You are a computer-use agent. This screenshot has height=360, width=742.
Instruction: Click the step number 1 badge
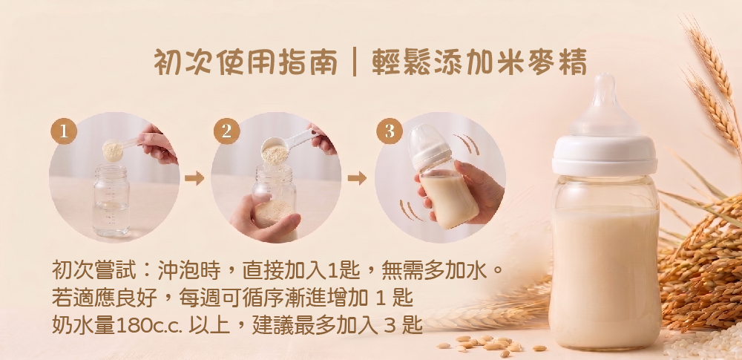64,131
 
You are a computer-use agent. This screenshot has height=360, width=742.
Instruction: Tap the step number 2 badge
226,131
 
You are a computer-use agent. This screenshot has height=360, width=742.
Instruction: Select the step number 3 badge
390,131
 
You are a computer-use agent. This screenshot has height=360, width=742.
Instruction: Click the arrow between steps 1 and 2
194,178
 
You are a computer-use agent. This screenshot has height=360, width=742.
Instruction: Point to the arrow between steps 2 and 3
357,178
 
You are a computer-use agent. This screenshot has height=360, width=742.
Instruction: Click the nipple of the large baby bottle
604,105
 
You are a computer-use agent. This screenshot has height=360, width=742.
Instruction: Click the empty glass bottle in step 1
111,200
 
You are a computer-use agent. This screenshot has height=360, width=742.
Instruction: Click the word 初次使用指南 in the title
245,62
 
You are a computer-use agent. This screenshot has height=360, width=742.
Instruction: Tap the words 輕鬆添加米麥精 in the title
479,62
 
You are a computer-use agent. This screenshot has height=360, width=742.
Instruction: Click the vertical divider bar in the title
354,62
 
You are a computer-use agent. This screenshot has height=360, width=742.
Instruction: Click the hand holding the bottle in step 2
264,219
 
